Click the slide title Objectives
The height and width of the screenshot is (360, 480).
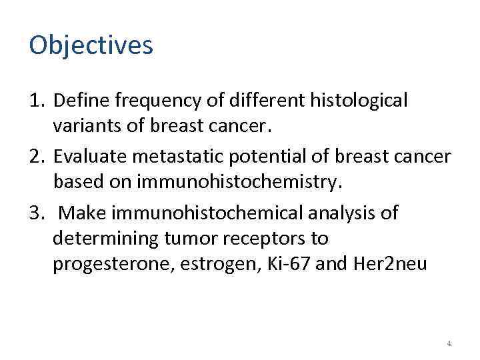click(x=91, y=46)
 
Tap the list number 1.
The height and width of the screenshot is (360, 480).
click(x=37, y=101)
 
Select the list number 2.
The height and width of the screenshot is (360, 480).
click(x=37, y=157)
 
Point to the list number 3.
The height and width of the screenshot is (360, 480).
click(x=37, y=213)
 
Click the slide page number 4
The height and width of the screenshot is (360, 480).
click(x=449, y=343)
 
